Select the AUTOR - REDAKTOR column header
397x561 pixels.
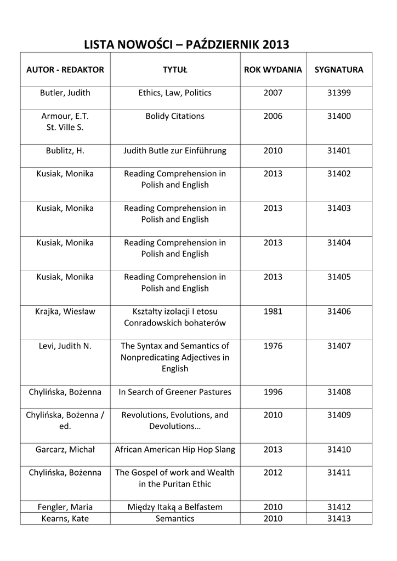point(65,70)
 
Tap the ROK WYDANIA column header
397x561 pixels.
point(273,70)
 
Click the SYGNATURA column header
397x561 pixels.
point(339,70)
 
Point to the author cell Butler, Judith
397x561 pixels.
point(65,93)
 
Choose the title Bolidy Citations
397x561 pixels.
point(175,116)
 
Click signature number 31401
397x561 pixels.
point(339,151)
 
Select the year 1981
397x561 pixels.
point(273,312)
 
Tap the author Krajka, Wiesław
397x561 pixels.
point(65,312)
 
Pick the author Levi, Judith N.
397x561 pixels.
point(65,346)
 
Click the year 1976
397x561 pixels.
point(273,346)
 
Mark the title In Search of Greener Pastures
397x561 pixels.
point(175,392)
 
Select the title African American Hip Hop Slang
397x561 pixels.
point(175,450)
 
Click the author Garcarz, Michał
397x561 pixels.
point(65,450)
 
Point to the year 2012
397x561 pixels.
point(273,473)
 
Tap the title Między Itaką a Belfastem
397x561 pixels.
point(175,507)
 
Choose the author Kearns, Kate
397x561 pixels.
point(65,519)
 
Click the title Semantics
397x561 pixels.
point(175,519)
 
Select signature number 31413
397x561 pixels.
point(339,519)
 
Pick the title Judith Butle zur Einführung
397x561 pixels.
point(175,151)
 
